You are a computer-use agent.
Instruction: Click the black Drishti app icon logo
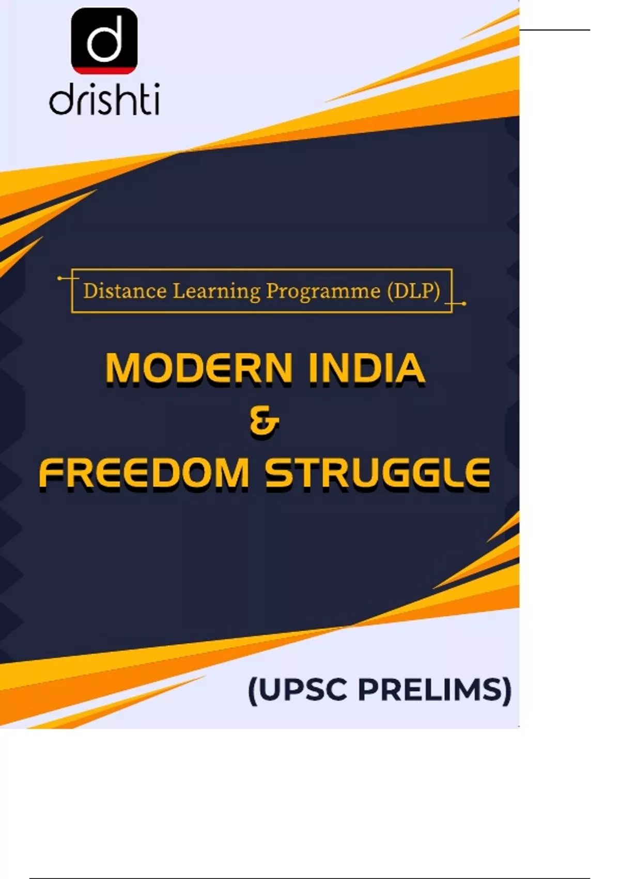pyautogui.click(x=104, y=41)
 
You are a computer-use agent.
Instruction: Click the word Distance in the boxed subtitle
pyautogui.click(x=125, y=291)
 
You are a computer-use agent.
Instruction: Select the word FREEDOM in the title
pyautogui.click(x=144, y=473)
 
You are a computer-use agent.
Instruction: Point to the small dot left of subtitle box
pyautogui.click(x=59, y=278)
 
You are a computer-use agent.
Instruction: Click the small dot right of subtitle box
pyautogui.click(x=464, y=304)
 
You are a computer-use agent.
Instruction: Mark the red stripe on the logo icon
pyautogui.click(x=104, y=71)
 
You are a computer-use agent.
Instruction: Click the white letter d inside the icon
pyautogui.click(x=104, y=40)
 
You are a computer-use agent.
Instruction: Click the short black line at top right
pyautogui.click(x=554, y=30)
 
